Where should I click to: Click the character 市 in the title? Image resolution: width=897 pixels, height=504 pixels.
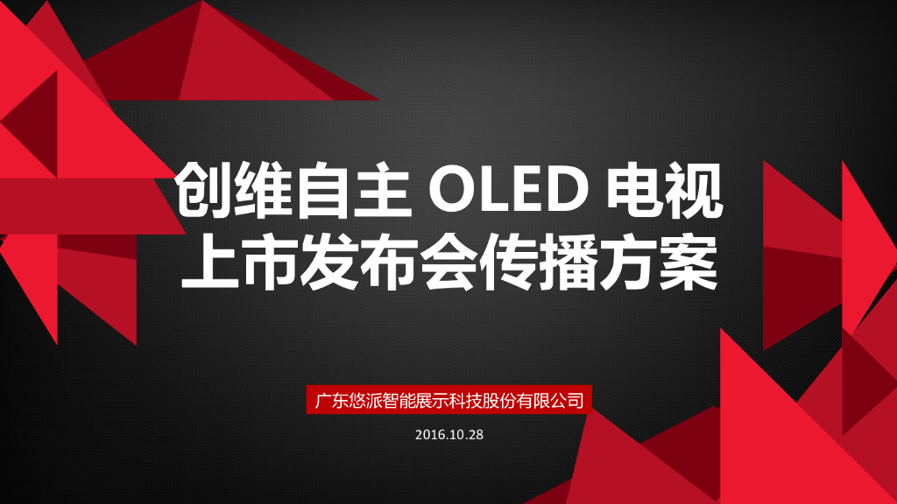click(x=267, y=263)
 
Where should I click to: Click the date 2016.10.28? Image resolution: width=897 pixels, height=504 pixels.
click(x=448, y=435)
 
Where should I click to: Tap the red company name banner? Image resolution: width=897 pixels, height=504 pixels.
click(x=448, y=401)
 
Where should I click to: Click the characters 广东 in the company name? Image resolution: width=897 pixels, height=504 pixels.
click(x=331, y=401)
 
